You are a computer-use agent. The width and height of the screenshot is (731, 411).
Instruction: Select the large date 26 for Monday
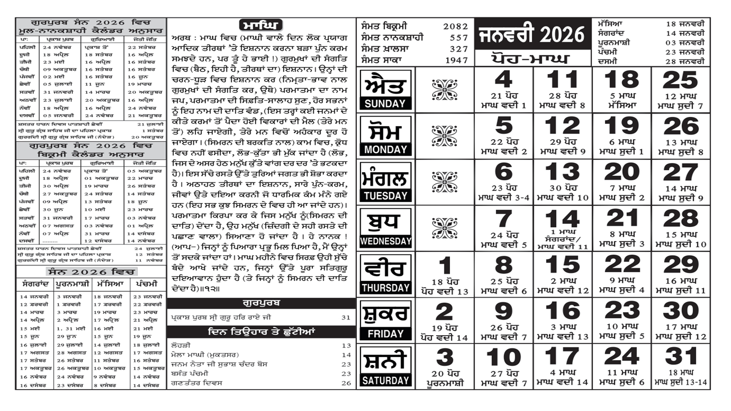681,126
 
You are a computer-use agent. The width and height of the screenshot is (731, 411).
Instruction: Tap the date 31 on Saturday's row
681,357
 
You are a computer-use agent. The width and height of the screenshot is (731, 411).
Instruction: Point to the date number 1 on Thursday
445,265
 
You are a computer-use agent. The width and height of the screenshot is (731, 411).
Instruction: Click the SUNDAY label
385,104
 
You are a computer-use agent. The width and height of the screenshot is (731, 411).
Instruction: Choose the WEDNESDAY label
385,241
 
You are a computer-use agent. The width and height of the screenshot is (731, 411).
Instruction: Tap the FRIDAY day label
385,334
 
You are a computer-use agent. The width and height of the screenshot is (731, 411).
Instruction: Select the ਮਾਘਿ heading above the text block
261,25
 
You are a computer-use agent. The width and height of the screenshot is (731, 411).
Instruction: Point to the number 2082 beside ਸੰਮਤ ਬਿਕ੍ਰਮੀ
456,26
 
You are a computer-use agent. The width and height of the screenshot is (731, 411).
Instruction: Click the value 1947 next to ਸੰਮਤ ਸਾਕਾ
456,60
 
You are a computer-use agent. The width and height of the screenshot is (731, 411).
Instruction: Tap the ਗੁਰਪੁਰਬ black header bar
261,303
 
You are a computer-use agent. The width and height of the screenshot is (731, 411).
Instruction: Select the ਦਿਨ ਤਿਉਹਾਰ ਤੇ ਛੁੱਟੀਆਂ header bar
261,332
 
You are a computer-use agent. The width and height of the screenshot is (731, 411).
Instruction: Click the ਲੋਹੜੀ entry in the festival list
180,346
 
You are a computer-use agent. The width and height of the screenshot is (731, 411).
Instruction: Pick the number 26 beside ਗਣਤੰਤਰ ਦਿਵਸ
346,383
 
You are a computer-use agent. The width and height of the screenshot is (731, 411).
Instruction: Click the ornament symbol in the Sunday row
444,90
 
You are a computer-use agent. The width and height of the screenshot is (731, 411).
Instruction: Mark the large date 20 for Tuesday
621,172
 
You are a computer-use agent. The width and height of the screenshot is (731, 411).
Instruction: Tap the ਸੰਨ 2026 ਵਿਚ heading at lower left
91,272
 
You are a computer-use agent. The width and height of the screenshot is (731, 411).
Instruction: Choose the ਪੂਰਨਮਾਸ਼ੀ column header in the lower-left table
72,284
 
